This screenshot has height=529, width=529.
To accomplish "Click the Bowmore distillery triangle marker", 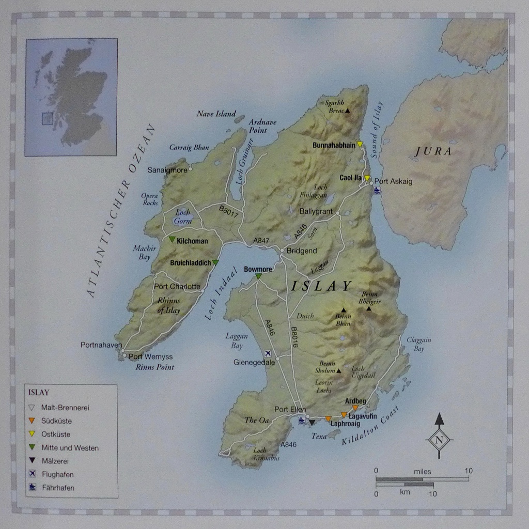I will point(258,276).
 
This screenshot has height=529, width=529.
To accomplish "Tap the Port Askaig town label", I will point(393,181).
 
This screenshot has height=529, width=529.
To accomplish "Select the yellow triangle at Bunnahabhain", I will point(360,145).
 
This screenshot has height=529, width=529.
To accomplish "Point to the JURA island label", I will point(433,151).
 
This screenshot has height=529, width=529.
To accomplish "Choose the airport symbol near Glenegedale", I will point(268,353).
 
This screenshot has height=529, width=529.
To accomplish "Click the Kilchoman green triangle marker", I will point(172,239).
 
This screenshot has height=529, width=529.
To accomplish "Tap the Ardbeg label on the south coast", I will point(355,401).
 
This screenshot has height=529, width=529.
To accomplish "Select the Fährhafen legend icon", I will point(33,487).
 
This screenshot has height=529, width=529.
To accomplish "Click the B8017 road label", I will point(229,212).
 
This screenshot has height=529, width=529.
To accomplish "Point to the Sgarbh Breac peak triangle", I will point(348,111).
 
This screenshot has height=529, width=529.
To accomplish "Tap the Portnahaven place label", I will point(101,345).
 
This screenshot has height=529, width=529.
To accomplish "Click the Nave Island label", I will point(216,114).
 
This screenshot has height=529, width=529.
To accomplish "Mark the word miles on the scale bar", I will point(422,472).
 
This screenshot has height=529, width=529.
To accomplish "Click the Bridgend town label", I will point(302,251).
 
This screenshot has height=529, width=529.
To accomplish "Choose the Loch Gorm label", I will point(183,216).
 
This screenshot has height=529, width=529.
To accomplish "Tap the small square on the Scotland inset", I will point(48,119).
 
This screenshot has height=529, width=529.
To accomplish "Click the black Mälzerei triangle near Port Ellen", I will point(312,423).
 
